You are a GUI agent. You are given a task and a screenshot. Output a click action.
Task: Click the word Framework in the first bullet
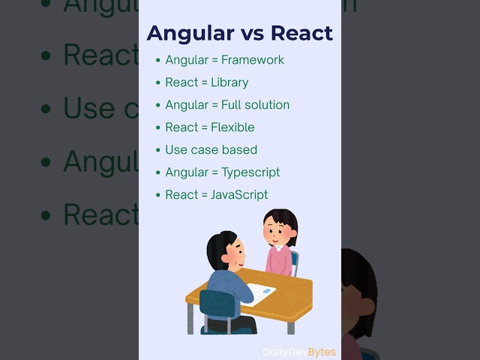click(253, 60)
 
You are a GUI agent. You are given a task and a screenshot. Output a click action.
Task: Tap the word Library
click(229, 82)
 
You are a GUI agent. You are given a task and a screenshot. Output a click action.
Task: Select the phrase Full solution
click(255, 105)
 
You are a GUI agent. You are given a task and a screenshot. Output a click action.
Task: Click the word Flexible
click(232, 127)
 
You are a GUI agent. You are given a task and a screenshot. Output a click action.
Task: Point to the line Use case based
click(211, 150)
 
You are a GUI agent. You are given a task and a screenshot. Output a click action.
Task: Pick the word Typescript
click(250, 172)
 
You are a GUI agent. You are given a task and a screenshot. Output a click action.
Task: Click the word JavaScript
click(239, 195)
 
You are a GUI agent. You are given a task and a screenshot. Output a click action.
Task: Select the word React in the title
click(301, 33)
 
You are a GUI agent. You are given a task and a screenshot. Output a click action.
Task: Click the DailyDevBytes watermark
click(299, 352)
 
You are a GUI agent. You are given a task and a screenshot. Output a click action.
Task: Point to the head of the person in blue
click(225, 251)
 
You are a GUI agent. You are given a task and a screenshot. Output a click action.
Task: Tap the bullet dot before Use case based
click(157, 150)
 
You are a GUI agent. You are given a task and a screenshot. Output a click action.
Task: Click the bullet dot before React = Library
click(157, 82)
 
